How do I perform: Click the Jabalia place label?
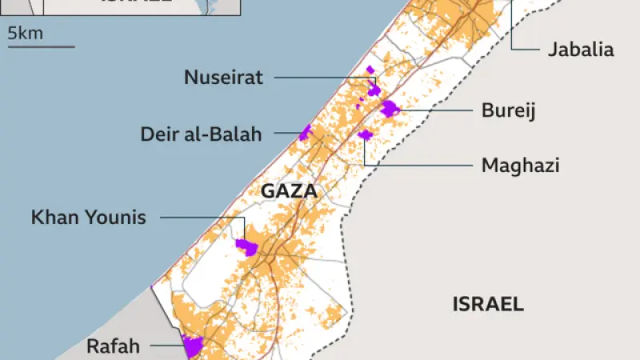coord(581,50)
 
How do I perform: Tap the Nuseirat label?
coord(223,78)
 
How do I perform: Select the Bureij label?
coord(507,110)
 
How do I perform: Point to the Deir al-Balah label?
coord(201,134)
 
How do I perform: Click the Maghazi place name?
coord(520,166)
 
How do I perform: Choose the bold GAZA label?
coord(289,191)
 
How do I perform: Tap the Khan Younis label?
coord(89,217)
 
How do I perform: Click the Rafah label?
coord(113,346)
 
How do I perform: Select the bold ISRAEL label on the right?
coord(488,304)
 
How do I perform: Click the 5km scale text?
coord(26,33)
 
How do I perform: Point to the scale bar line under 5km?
coord(41,46)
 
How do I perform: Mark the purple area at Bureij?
coord(390,109)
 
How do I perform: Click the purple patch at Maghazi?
coord(366,134)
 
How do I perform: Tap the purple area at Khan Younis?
coord(246,247)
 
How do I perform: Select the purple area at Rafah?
coord(193,346)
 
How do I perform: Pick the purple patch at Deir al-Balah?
coord(305,132)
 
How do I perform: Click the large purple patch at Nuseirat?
coord(373,88)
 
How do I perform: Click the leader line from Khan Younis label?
coord(200,217)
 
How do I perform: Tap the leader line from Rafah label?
coord(164,346)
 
